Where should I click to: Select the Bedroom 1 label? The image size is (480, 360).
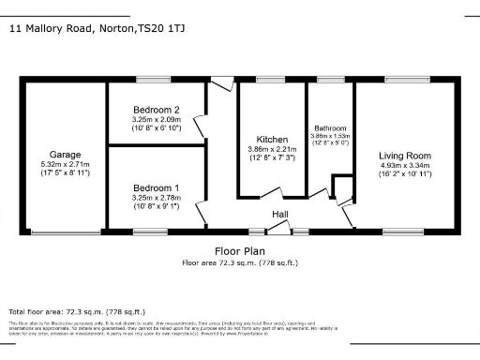[x=157, y=187]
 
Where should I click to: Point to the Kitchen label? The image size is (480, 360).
[x=272, y=138]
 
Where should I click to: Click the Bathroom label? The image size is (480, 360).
[x=331, y=127]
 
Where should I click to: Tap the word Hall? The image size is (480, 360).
[x=279, y=214]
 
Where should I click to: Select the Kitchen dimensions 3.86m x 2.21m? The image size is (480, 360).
[x=272, y=149]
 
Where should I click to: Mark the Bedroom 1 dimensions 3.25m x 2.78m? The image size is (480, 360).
[x=157, y=198]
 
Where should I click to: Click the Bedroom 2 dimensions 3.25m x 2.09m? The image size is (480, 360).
[x=157, y=120]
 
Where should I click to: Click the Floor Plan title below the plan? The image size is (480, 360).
[x=239, y=251]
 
